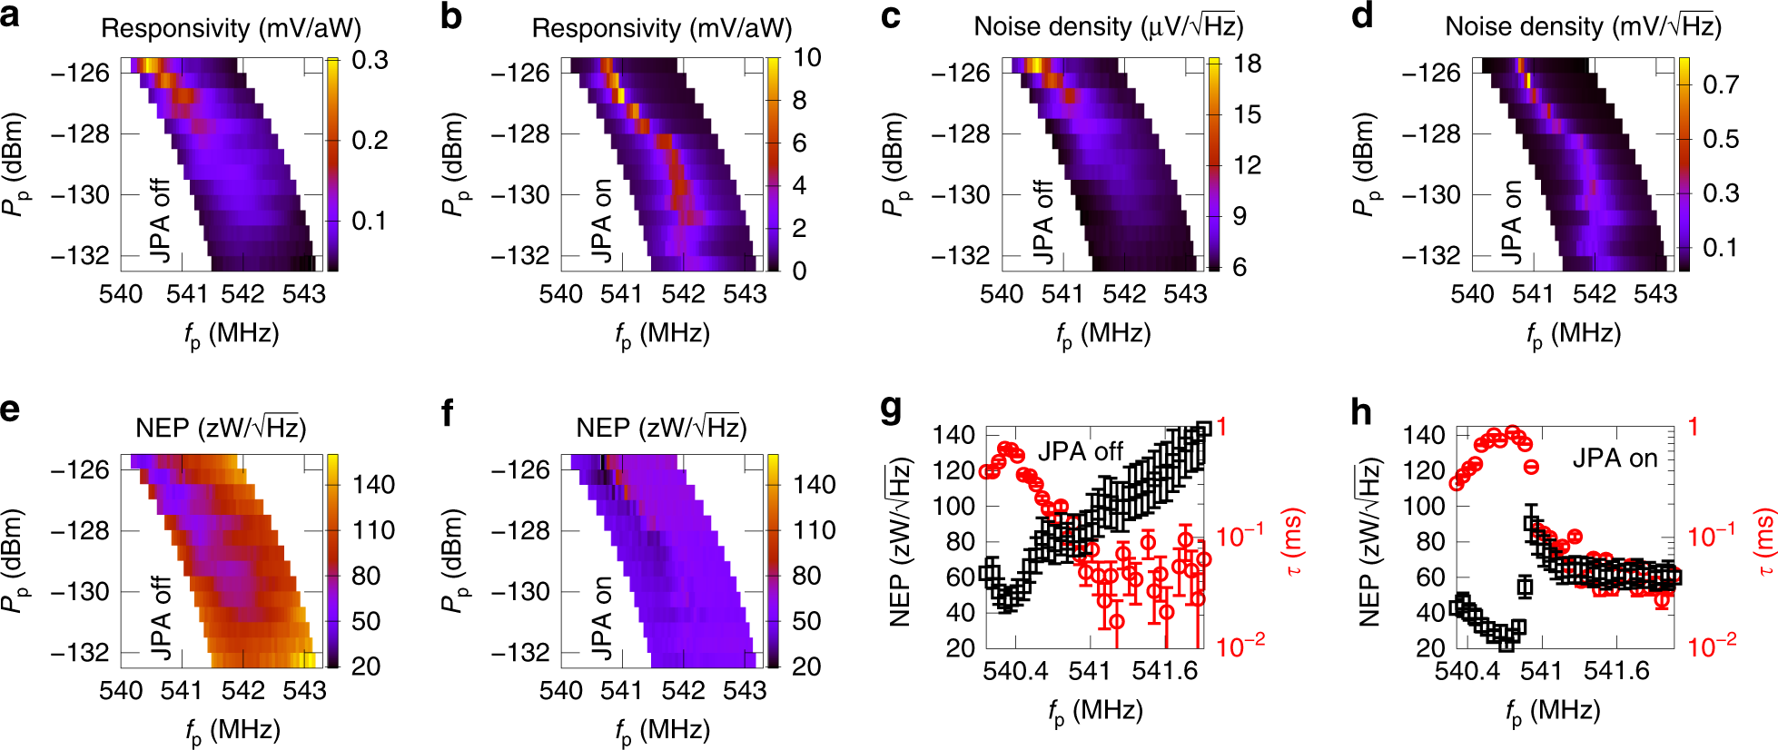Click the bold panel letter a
[11, 16]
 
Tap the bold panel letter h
[1362, 412]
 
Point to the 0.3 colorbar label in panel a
[370, 61]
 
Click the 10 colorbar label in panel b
[807, 57]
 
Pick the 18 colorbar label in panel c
[1248, 64]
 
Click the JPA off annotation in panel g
[1081, 451]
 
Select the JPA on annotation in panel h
[1615, 459]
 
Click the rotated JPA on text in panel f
[601, 617]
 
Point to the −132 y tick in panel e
[80, 652]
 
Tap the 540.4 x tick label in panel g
[1015, 671]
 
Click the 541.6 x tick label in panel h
[1616, 671]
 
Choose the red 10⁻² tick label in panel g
[1240, 646]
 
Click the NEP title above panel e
[221, 428]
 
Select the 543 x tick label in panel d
[1655, 294]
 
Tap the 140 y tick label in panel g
[953, 435]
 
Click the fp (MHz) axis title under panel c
[1103, 335]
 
